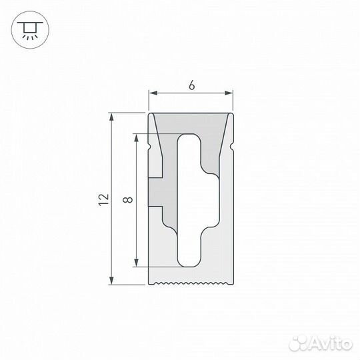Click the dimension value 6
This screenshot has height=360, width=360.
tap(191, 85)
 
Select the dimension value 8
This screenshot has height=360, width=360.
tap(127, 199)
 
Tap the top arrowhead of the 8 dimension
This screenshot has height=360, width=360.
tap(137, 137)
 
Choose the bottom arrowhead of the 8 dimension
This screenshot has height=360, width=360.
tap(137, 261)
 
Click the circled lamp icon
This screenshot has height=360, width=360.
tap(27, 27)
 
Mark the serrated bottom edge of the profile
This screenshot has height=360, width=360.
tap(191, 283)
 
